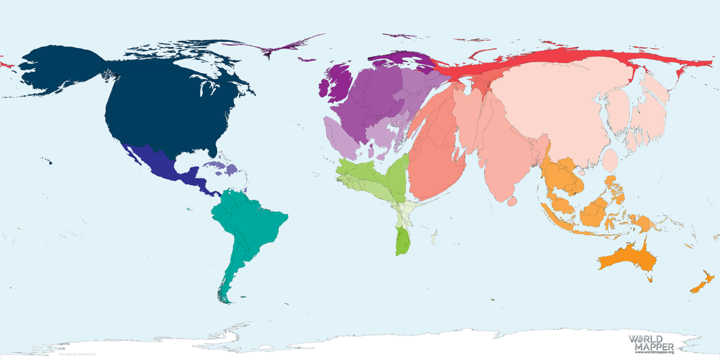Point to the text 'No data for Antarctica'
(77, 354)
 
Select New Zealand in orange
(703, 284)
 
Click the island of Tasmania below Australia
(650, 279)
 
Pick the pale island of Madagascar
(435, 237)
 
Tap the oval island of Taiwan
(610, 160)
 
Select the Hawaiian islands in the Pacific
(48, 162)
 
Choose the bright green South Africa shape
(402, 241)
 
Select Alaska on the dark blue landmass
(61, 70)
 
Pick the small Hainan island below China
(582, 172)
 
